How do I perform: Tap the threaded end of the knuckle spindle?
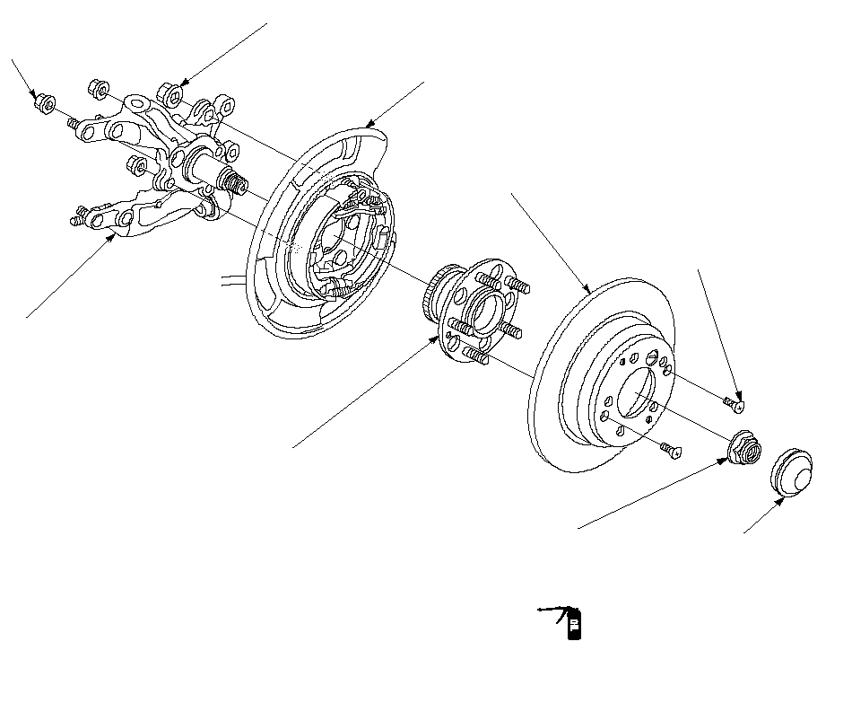tap(237, 183)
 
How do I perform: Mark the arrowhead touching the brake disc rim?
tap(587, 292)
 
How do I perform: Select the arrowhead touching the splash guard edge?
tap(369, 125)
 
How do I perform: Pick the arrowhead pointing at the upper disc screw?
tap(738, 394)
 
